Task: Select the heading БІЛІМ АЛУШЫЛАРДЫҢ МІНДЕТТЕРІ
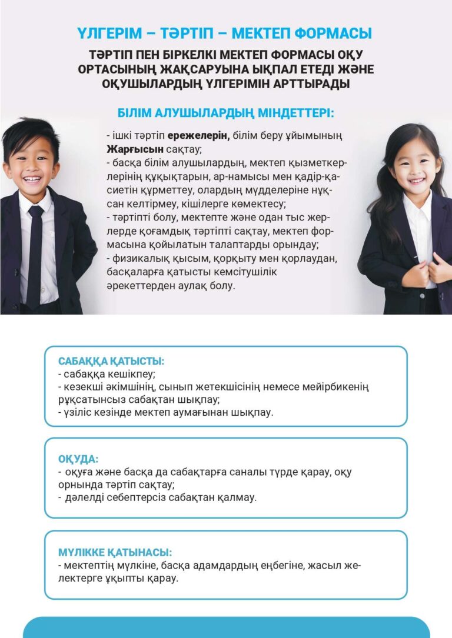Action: (226, 112)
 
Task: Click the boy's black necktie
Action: (35, 247)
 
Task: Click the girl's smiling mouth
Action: (417, 181)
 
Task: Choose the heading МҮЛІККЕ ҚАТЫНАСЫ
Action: (115, 553)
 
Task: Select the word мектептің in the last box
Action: (87, 566)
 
